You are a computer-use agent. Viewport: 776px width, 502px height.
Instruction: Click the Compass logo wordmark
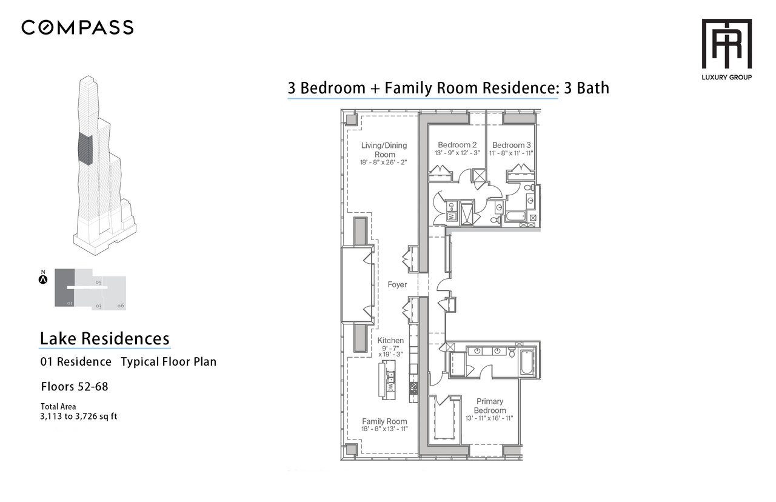[77, 27]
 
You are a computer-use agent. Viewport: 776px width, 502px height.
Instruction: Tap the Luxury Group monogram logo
[726, 44]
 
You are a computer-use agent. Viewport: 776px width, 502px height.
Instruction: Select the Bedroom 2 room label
[457, 145]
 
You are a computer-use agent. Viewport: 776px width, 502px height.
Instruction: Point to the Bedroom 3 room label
[511, 145]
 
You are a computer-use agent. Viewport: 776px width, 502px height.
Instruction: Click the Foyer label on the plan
[397, 284]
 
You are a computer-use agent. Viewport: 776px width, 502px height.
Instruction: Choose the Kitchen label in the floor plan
[390, 340]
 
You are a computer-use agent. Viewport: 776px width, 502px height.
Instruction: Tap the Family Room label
[384, 421]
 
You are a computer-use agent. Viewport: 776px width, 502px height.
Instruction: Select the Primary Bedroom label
[489, 406]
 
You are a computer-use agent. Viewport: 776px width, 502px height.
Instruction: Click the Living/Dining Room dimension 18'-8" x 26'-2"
[383, 162]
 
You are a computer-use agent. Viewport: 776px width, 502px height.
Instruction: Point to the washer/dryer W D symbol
[451, 212]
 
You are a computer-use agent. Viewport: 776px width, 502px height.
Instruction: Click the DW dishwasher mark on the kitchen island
[390, 387]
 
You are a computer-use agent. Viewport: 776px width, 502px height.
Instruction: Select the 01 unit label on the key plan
[70, 303]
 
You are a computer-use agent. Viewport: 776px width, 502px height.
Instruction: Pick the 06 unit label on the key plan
[121, 306]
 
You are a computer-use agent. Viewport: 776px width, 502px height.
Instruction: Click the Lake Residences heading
[105, 338]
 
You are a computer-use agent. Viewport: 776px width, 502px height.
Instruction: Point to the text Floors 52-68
[75, 386]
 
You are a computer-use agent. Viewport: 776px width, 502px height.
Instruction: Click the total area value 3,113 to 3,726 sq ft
[79, 416]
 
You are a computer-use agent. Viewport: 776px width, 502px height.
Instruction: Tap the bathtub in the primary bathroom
[527, 363]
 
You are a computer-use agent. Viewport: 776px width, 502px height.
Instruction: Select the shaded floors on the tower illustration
[85, 149]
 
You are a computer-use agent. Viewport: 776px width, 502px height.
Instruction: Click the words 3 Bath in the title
[586, 88]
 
